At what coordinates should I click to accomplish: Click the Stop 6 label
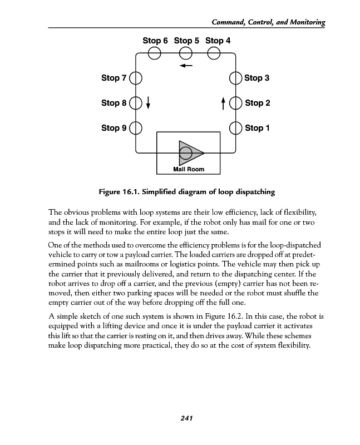(x=155, y=41)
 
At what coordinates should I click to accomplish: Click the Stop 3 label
(x=257, y=78)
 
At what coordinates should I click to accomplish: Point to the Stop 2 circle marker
(x=236, y=103)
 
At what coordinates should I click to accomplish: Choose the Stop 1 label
(x=257, y=128)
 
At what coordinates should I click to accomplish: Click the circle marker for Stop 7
(x=136, y=78)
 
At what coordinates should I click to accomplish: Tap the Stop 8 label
(x=114, y=103)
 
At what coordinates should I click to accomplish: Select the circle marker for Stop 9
(x=136, y=128)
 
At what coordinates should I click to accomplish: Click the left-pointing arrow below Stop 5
(x=186, y=66)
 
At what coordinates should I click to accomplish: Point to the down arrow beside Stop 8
(x=149, y=103)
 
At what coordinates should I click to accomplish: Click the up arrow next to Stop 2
(x=223, y=103)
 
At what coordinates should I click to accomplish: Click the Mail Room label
(x=189, y=169)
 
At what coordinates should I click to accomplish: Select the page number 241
(x=186, y=419)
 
